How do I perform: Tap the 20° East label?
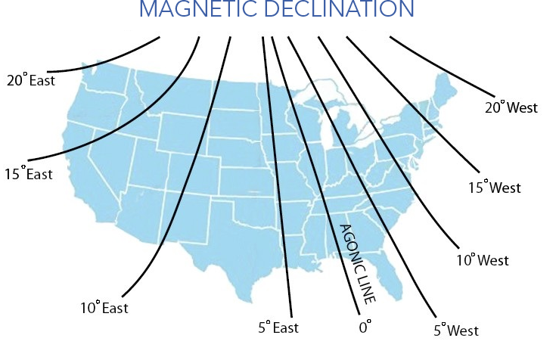[x=31, y=79]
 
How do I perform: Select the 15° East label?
[x=28, y=174]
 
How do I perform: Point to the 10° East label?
[x=104, y=308]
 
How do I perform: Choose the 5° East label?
[x=278, y=327]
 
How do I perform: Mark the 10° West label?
[x=482, y=260]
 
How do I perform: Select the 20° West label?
[x=511, y=107]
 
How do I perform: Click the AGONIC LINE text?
[x=356, y=263]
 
